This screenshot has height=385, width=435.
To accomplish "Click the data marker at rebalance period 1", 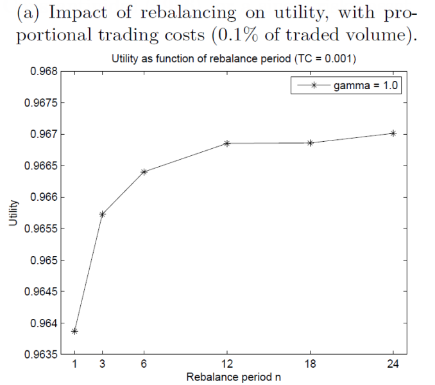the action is (74, 331).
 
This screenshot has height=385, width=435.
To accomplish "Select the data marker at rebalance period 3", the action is (103, 214).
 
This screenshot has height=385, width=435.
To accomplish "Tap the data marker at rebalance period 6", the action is (144, 172).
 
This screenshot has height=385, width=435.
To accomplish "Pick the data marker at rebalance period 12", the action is (227, 143).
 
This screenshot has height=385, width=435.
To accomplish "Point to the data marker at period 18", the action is (310, 143).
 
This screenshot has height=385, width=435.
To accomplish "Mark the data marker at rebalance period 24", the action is (393, 133).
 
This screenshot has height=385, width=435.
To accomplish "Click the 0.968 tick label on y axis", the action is (44, 71).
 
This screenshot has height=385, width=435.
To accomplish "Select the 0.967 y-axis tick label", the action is (44, 134).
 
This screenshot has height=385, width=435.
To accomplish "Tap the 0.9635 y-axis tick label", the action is (41, 354).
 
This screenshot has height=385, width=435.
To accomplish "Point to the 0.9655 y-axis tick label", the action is (41, 229).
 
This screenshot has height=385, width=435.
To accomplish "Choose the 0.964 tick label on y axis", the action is (44, 323).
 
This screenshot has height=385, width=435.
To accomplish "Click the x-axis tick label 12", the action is (227, 364).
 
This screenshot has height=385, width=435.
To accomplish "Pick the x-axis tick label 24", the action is (393, 364).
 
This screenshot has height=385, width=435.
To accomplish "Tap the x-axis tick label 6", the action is (144, 364).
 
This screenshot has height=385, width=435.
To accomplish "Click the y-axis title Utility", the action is (13, 213).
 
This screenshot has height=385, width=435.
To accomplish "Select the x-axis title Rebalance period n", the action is (234, 377).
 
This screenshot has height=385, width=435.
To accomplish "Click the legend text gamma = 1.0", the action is (366, 85).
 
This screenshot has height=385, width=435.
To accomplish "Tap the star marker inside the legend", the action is (314, 85).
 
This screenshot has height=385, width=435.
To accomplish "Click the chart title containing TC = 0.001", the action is (234, 59).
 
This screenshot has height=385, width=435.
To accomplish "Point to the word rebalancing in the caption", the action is (189, 13).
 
